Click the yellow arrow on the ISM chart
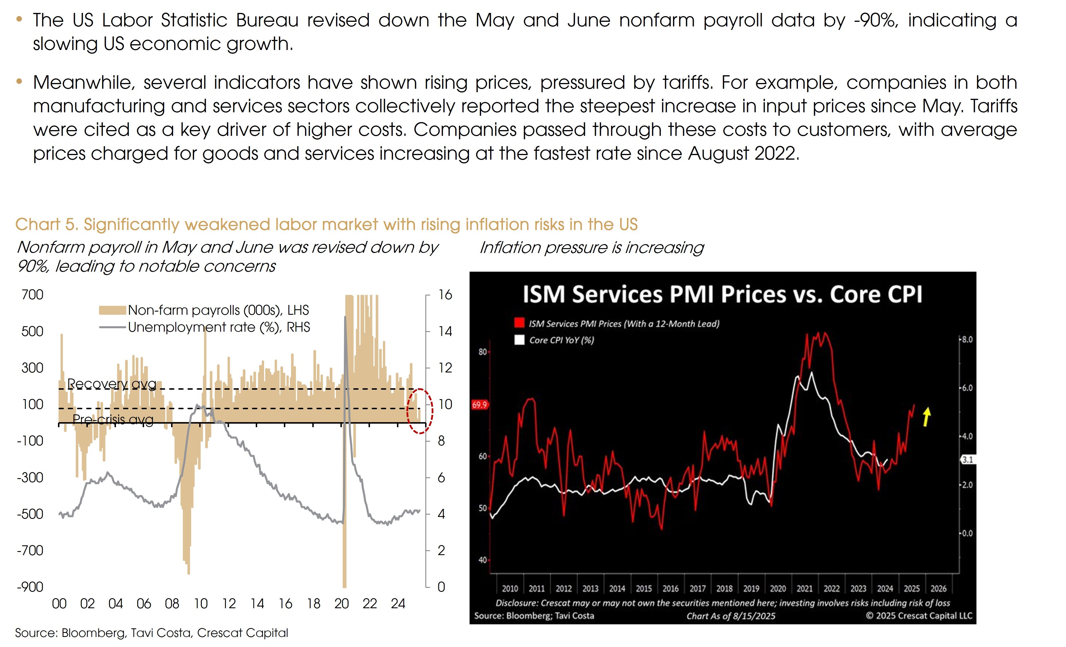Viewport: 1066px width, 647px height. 926,417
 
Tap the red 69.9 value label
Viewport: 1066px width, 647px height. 479,405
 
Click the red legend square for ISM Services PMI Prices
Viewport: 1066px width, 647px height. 519,323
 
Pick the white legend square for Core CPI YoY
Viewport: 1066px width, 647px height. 519,340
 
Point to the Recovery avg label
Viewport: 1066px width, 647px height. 112,383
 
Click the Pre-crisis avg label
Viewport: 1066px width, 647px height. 113,419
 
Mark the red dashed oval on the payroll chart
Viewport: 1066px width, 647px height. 420,411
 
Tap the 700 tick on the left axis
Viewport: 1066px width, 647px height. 32,295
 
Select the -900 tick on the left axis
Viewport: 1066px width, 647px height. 30,587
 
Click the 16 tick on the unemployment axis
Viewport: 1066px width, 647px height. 445,295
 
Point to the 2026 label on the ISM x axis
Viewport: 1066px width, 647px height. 938,589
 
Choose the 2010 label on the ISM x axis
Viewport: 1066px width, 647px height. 510,589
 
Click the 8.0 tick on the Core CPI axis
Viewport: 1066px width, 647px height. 967,339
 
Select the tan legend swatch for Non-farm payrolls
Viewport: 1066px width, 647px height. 112,310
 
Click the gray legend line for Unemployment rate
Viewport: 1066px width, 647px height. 112,327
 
